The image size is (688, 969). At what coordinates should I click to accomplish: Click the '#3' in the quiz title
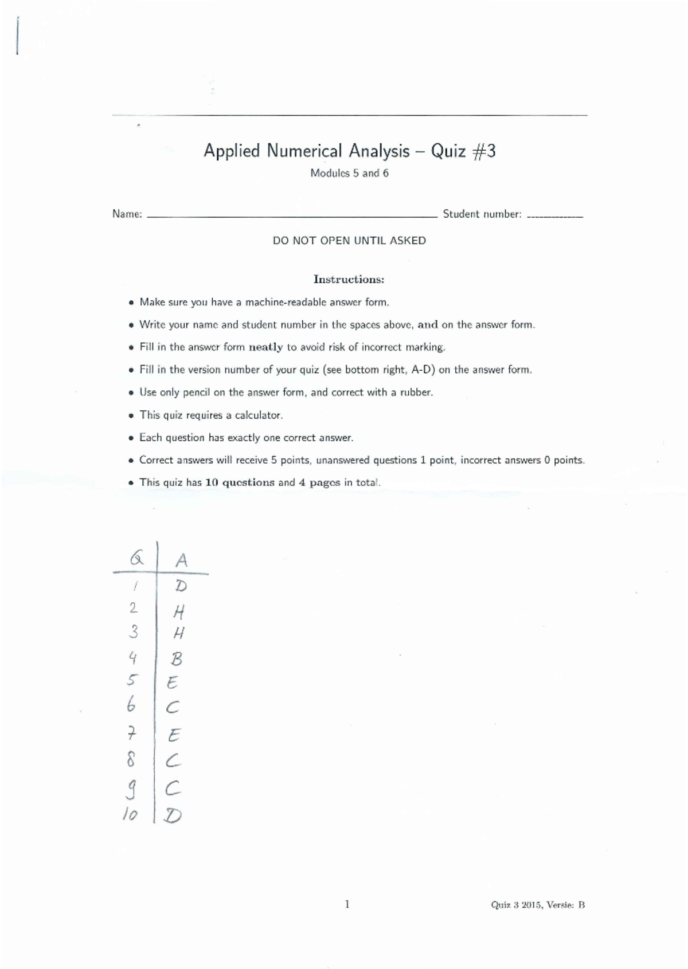(x=484, y=151)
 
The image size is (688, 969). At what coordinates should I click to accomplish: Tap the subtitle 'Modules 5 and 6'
(x=349, y=173)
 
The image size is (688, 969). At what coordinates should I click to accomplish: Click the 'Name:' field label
(x=127, y=214)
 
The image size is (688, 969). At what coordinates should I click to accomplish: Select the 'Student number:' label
(x=482, y=214)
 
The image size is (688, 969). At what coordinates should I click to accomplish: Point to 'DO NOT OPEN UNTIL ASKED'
(x=349, y=241)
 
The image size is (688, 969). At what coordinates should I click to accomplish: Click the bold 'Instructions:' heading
(x=349, y=280)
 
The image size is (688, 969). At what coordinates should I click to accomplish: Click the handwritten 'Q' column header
(x=136, y=558)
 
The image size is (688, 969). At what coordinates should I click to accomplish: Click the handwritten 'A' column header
(x=181, y=560)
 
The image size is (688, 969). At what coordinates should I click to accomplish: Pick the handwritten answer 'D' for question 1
(x=181, y=586)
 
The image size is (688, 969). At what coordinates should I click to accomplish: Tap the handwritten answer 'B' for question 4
(x=177, y=659)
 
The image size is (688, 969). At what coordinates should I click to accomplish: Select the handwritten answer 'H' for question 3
(x=179, y=633)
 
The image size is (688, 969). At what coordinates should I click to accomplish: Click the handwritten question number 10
(x=130, y=814)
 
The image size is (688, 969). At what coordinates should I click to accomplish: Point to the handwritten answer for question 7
(x=174, y=735)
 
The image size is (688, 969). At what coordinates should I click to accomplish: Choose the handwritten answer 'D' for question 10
(x=173, y=815)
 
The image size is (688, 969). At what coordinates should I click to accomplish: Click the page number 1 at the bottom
(x=347, y=905)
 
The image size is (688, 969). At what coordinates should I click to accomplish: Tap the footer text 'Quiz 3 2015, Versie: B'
(x=537, y=905)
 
